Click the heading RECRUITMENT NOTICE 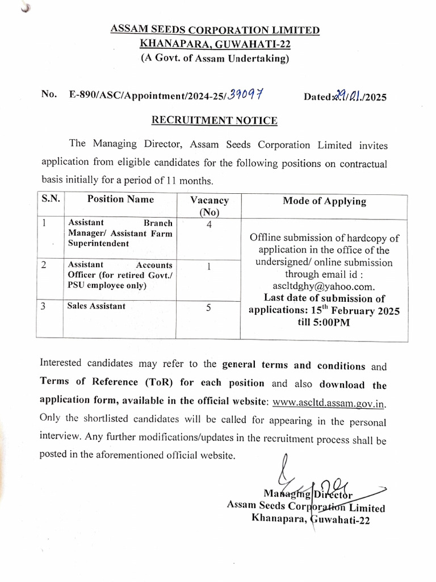214,120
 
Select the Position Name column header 120,199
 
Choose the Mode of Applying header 324,201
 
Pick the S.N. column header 51,199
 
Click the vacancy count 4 209,225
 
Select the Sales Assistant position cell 96,306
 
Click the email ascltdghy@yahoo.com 324,286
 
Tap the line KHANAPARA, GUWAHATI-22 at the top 215,43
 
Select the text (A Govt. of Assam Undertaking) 215,58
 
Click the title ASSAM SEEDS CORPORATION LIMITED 215,30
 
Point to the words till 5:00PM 324,323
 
